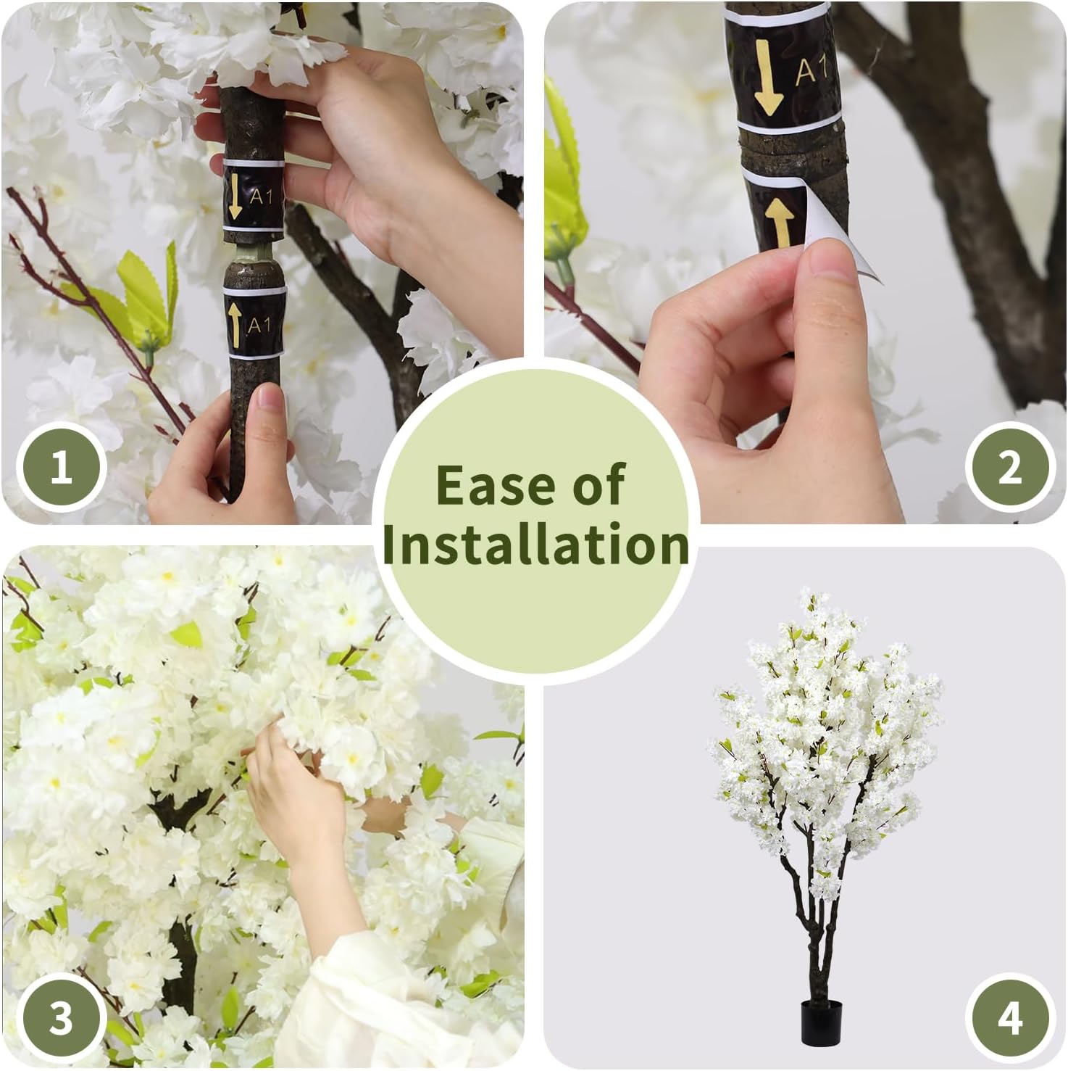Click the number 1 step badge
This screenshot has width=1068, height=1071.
coord(62,468)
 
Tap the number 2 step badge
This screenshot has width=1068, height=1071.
coord(1009,468)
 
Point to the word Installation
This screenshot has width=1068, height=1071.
coord(535,545)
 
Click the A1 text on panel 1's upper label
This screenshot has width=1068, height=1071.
coord(261,196)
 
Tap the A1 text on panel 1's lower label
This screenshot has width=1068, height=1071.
coord(259,325)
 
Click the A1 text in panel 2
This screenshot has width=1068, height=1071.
coord(813,71)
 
